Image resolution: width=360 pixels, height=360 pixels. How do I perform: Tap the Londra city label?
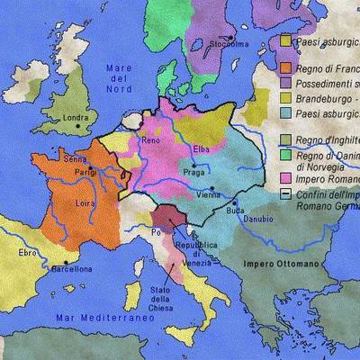(x=75, y=117)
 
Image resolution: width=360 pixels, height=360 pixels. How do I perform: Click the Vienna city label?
(x=208, y=194)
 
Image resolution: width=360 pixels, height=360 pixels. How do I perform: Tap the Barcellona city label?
(x=71, y=268)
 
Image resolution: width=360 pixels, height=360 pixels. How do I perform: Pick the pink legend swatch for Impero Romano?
(x=285, y=178)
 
